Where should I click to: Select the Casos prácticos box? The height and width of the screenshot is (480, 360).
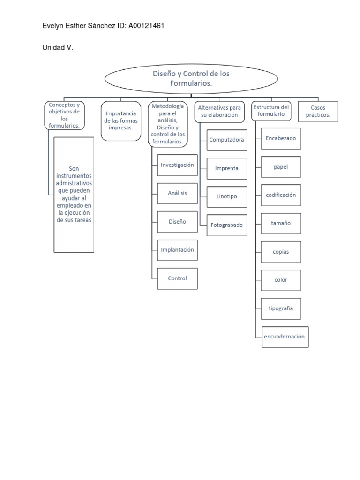tap(318, 112)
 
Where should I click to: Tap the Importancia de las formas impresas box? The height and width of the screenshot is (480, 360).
tap(121, 120)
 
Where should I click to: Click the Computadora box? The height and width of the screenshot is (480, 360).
tap(226, 140)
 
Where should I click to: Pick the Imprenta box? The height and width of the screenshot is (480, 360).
tap(226, 168)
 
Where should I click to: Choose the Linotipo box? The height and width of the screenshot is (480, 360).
tap(226, 197)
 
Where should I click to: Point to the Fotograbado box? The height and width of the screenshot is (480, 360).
tap(226, 225)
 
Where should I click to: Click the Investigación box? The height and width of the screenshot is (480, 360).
tap(177, 165)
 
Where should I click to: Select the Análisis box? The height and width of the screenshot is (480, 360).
tap(177, 193)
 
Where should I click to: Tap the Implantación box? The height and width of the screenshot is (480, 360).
tap(177, 250)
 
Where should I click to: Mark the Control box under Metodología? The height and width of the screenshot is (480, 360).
tap(177, 278)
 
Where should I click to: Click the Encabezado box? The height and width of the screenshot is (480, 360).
tap(281, 138)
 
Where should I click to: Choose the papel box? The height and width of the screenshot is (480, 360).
tap(281, 167)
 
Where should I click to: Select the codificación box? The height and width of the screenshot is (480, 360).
tap(281, 195)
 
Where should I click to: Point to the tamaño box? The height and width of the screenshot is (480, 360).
tap(281, 223)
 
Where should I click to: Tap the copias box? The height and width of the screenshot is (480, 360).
tap(281, 252)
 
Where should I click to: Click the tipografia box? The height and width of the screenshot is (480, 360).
tap(281, 308)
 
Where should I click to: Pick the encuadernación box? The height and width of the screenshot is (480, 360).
tap(285, 337)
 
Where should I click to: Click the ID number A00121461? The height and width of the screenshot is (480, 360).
tap(145, 26)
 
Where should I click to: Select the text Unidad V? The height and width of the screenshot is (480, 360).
tap(58, 48)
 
